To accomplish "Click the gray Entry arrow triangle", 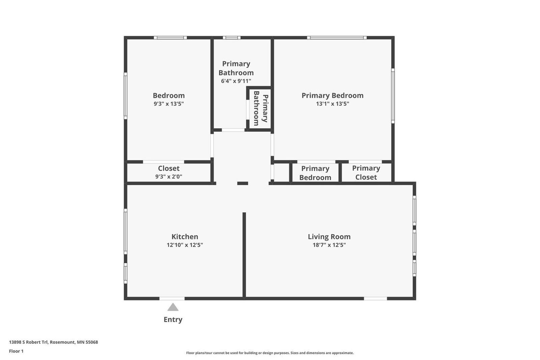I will pyautogui.click(x=173, y=307).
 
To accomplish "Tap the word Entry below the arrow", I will pyautogui.click(x=173, y=319).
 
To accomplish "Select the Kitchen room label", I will pyautogui.click(x=185, y=237).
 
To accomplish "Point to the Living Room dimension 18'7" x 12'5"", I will pyautogui.click(x=329, y=245).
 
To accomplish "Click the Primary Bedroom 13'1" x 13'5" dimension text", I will pyautogui.click(x=332, y=104).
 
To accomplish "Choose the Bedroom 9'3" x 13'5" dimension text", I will pyautogui.click(x=168, y=104).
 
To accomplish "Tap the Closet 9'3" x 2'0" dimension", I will pyautogui.click(x=168, y=176).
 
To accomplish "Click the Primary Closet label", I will pyautogui.click(x=366, y=173).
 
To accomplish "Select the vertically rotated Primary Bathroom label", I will pyautogui.click(x=261, y=108).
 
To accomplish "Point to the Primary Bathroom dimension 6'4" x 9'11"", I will pyautogui.click(x=236, y=81).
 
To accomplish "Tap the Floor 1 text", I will pyautogui.click(x=16, y=351).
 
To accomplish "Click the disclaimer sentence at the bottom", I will pyautogui.click(x=270, y=353).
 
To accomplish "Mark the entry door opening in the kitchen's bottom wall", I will pyautogui.click(x=172, y=299).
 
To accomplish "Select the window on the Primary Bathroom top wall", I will pyautogui.click(x=232, y=37).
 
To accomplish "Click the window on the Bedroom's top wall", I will pyautogui.click(x=170, y=37).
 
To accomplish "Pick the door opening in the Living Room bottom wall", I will pyautogui.click(x=375, y=299).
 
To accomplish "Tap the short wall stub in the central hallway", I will pyautogui.click(x=243, y=183).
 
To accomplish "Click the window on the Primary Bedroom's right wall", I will pyautogui.click(x=393, y=96).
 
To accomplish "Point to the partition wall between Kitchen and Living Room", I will pyautogui.click(x=244, y=255).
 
